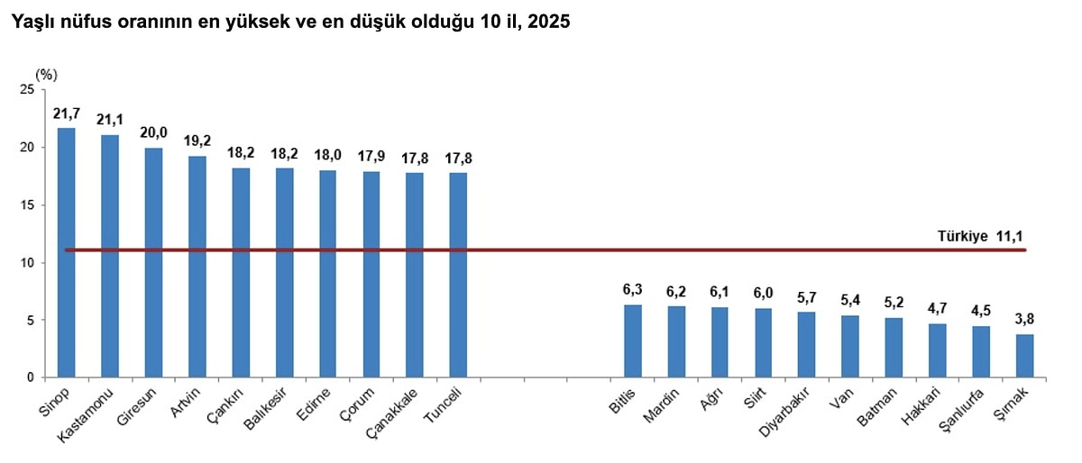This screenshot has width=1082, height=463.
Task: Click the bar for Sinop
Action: tap(66, 252)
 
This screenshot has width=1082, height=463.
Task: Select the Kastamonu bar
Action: tap(110, 256)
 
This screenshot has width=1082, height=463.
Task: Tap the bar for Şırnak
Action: tap(1024, 356)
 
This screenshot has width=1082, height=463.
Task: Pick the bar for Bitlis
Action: tap(633, 341)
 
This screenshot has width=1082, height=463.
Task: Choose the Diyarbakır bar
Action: tap(807, 345)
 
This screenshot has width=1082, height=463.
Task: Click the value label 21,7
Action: tap(66, 114)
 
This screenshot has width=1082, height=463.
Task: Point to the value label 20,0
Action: tap(153, 133)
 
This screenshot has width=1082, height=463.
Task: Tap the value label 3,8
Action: tap(1024, 319)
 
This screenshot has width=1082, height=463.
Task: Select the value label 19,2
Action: tap(197, 141)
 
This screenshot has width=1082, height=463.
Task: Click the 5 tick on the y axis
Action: tap(29, 320)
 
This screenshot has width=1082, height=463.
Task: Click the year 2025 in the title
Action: tap(549, 21)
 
